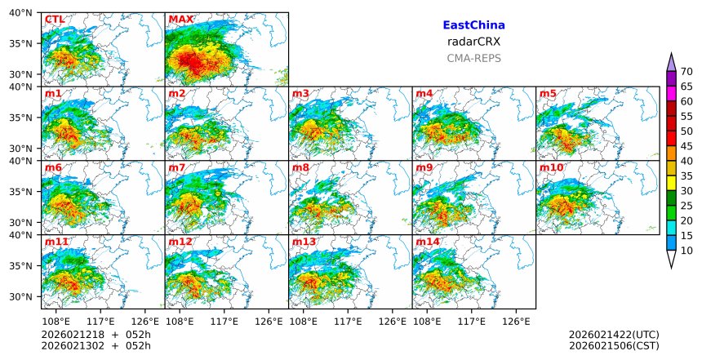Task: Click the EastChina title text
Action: [x=473, y=25]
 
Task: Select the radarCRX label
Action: [x=473, y=42]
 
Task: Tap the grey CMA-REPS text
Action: [x=473, y=58]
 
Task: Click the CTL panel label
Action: [x=55, y=20]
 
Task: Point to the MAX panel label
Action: [x=180, y=20]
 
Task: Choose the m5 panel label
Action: [x=548, y=94]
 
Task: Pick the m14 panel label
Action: [x=427, y=242]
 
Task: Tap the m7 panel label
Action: [x=177, y=168]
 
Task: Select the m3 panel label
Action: [x=300, y=94]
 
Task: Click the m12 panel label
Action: [x=180, y=242]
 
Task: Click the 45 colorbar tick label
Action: [x=686, y=146]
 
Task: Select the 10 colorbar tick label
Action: [x=686, y=251]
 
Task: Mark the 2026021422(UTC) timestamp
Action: [x=614, y=335]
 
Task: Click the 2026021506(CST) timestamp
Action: [x=614, y=346]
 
